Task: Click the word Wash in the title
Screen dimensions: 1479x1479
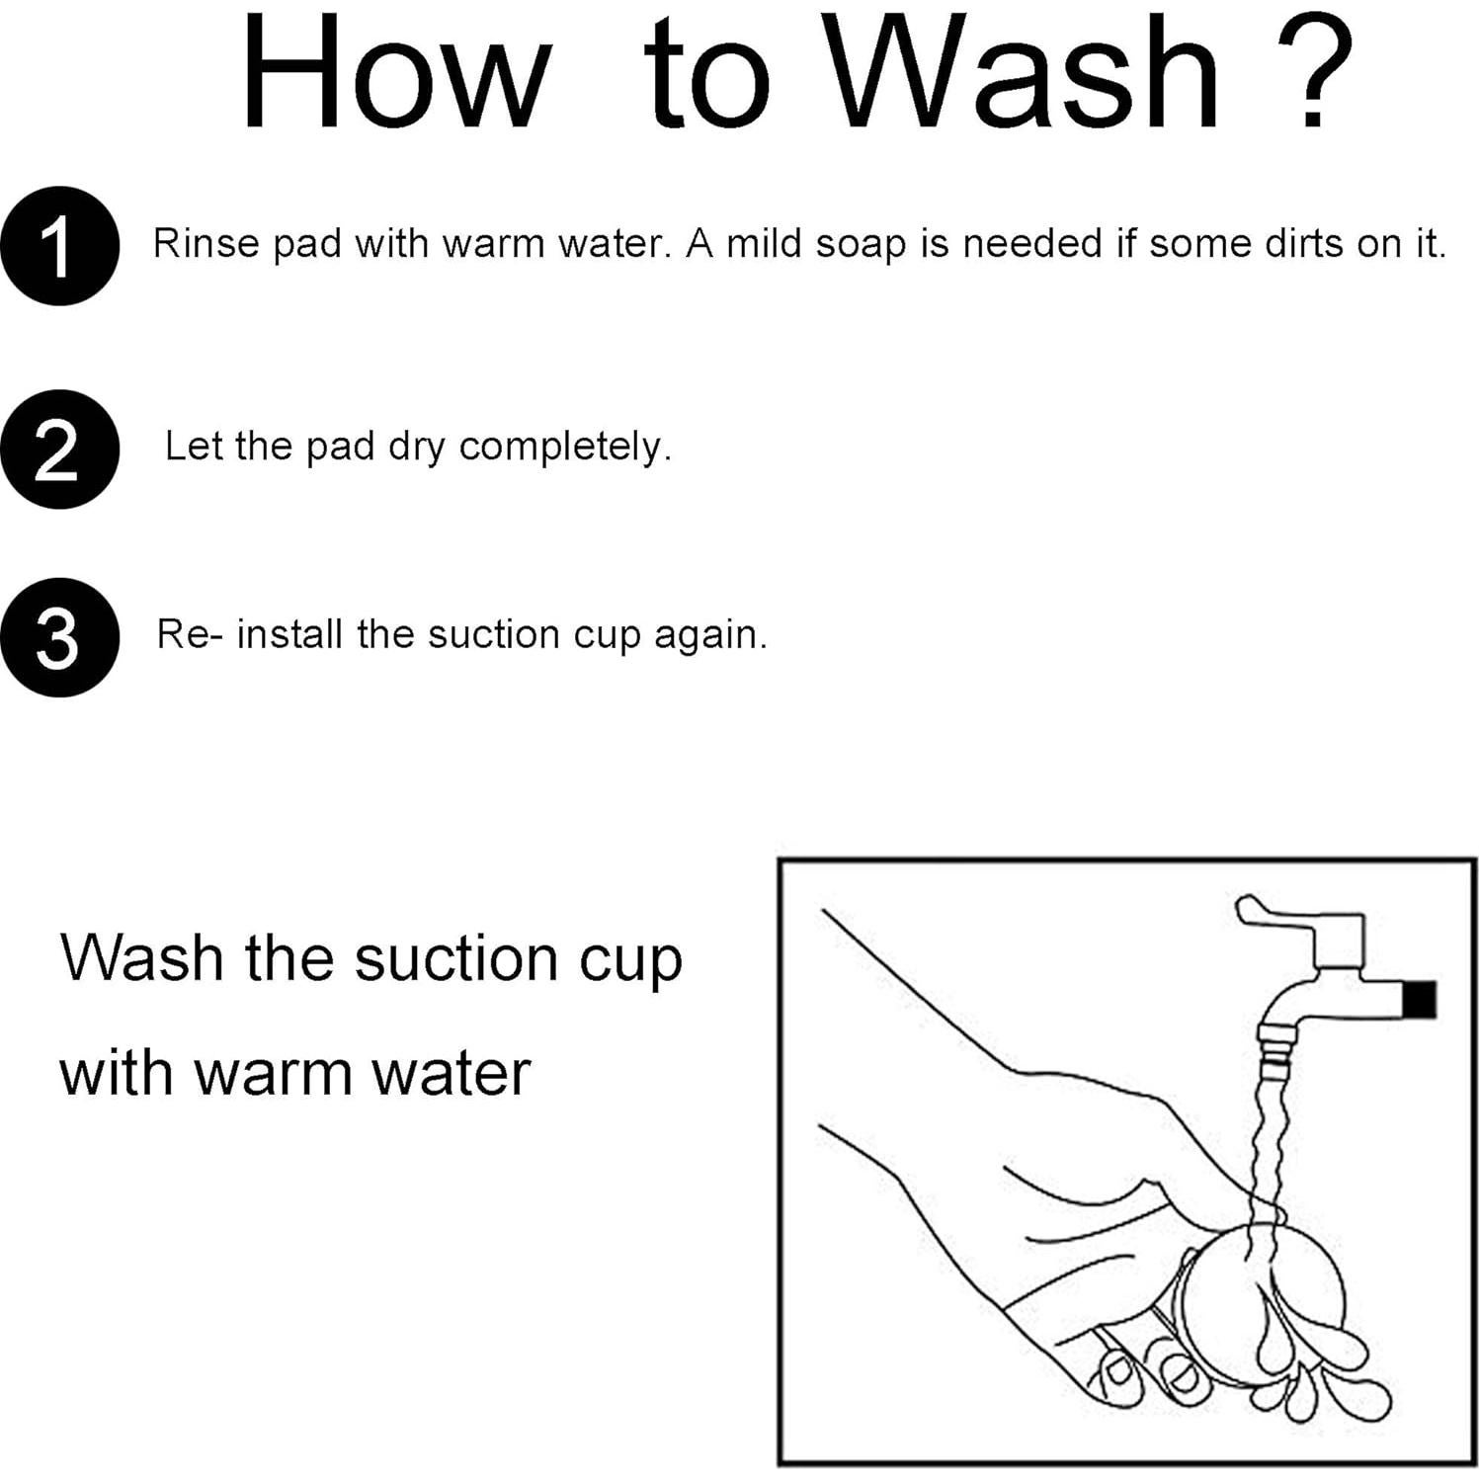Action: click(x=1027, y=73)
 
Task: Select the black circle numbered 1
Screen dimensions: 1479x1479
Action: click(x=60, y=246)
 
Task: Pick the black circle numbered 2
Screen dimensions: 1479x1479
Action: click(x=60, y=450)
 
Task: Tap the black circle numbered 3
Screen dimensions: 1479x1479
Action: click(x=60, y=637)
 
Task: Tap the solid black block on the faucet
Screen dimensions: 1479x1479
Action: click(x=1420, y=999)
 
